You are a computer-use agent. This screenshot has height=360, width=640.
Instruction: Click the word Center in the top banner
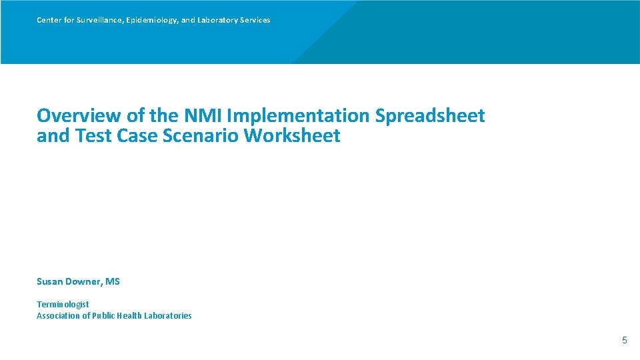pyautogui.click(x=49, y=20)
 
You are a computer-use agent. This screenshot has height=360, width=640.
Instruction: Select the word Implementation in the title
pyautogui.click(x=298, y=115)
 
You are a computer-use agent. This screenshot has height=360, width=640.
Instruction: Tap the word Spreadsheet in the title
pyautogui.click(x=430, y=115)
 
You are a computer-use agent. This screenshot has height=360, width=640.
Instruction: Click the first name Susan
pyautogui.click(x=50, y=282)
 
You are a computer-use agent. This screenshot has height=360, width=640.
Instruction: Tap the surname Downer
pyautogui.click(x=84, y=282)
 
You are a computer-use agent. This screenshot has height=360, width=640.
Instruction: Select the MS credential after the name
pyautogui.click(x=113, y=282)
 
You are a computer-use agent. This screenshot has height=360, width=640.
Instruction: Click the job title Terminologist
pyautogui.click(x=63, y=304)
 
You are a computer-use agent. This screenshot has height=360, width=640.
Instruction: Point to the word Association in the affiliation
pyautogui.click(x=60, y=316)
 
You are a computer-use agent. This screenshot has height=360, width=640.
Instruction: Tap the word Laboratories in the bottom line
pyautogui.click(x=167, y=316)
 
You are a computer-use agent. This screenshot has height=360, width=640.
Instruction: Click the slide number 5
pyautogui.click(x=624, y=341)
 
